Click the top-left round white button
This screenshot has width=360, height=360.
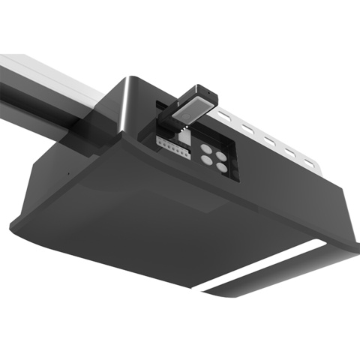point(205,149)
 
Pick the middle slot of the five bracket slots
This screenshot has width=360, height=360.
point(266,139)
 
